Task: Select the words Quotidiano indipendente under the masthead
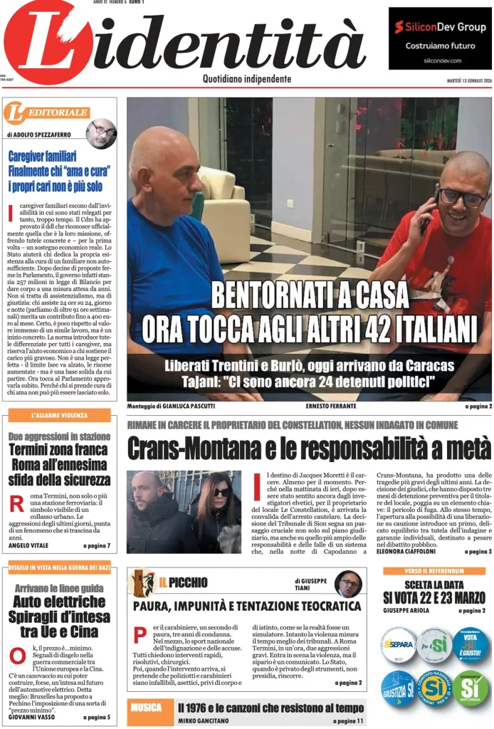point(246,79)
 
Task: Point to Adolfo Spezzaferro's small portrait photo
point(101,133)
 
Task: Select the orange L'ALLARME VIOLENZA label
point(60,415)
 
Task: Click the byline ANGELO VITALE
point(28,546)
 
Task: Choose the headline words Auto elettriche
point(59,602)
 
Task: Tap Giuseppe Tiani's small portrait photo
point(348,584)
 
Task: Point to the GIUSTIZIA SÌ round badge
point(398,689)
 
